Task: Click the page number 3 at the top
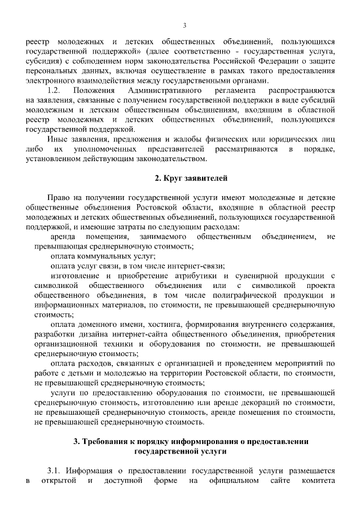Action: click(184, 25)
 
